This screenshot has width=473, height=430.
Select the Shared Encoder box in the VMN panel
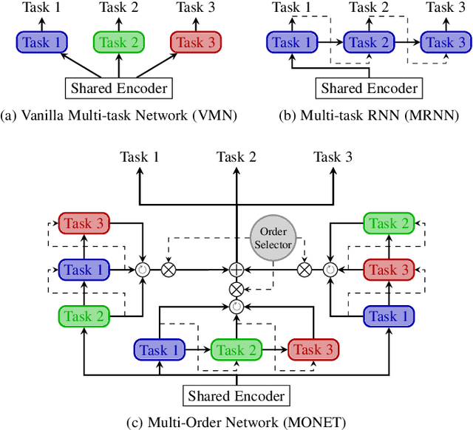pyautogui.click(x=118, y=89)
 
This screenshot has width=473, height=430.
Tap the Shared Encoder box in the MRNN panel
pyautogui.click(x=369, y=89)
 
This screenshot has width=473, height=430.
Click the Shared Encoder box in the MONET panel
pyautogui.click(x=236, y=396)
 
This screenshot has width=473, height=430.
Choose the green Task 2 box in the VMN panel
pyautogui.click(x=118, y=43)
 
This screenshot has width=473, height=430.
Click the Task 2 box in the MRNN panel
pyautogui.click(x=369, y=43)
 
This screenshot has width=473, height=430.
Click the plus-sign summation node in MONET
pyautogui.click(x=236, y=270)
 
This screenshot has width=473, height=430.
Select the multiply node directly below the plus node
pyautogui.click(x=236, y=288)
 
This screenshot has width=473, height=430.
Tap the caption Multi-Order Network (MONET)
pyautogui.click(x=236, y=422)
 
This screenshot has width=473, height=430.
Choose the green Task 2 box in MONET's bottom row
pyautogui.click(x=236, y=349)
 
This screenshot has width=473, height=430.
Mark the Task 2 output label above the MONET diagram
pyautogui.click(x=236, y=157)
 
